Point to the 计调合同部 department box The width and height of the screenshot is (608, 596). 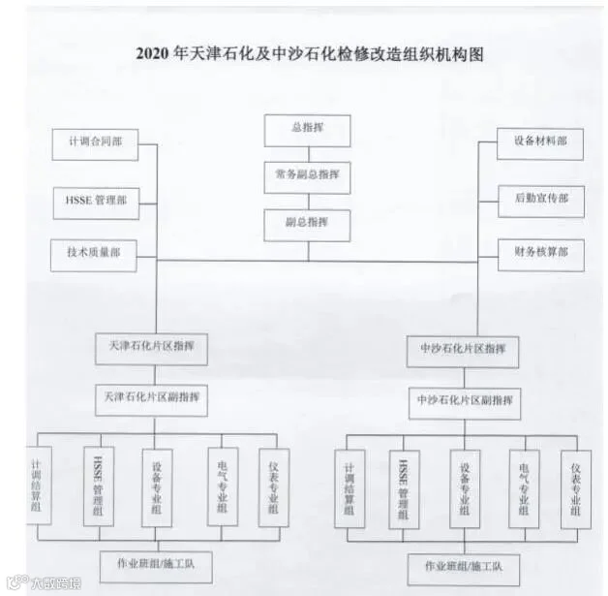(x=95, y=143)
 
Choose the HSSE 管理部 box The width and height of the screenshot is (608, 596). (x=95, y=202)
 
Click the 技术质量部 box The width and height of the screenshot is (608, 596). (x=95, y=254)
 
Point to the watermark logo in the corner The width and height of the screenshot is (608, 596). (x=44, y=583)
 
